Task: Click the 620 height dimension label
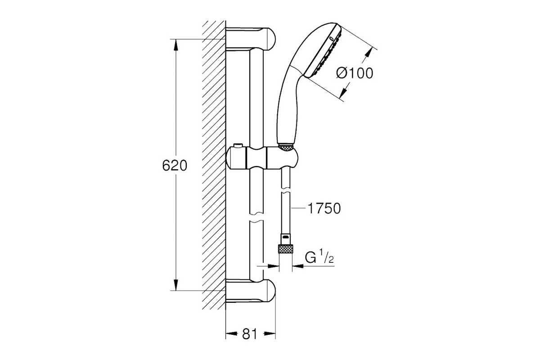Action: click(x=175, y=166)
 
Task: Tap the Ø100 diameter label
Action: click(x=355, y=73)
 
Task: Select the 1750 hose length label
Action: click(x=324, y=208)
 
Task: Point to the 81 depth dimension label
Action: click(x=249, y=334)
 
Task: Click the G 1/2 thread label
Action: click(x=319, y=257)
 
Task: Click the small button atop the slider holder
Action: click(x=238, y=146)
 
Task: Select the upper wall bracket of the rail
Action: click(x=250, y=40)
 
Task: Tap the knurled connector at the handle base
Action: click(x=286, y=148)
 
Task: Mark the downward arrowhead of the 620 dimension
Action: click(x=176, y=285)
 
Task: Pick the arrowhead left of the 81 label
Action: click(x=231, y=334)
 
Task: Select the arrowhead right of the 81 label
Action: click(x=270, y=334)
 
